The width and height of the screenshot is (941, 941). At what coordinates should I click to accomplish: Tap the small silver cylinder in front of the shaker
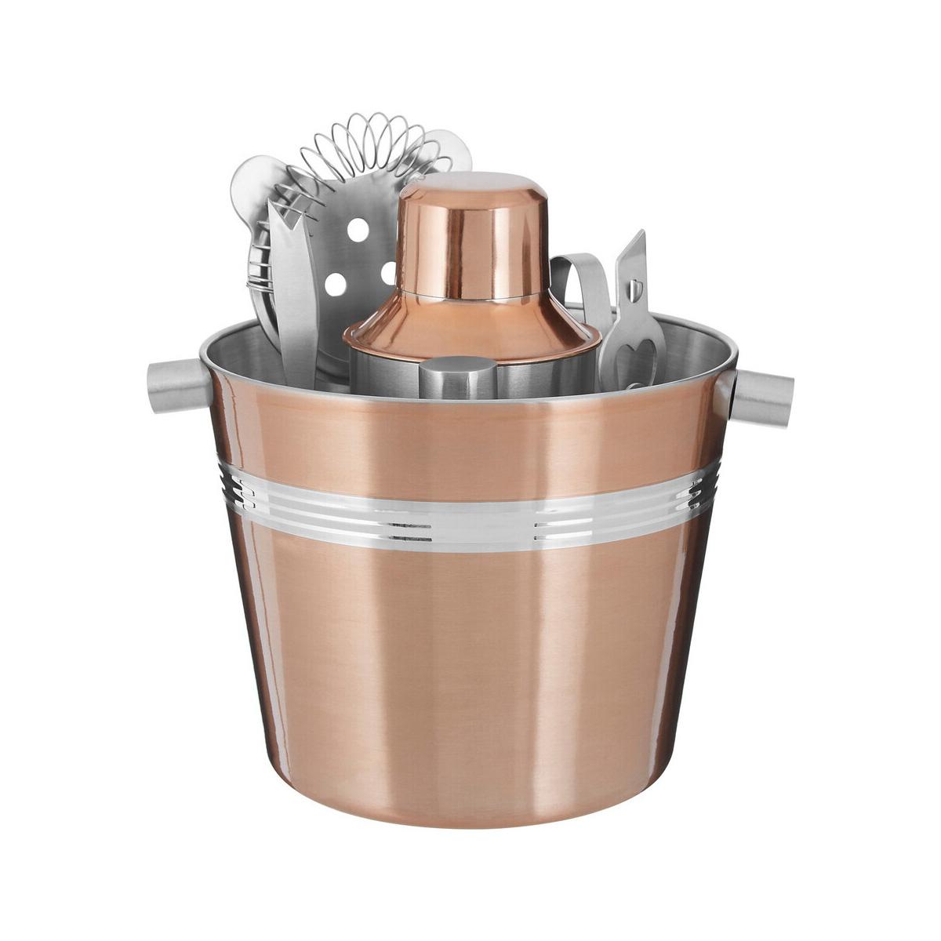(x=453, y=378)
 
